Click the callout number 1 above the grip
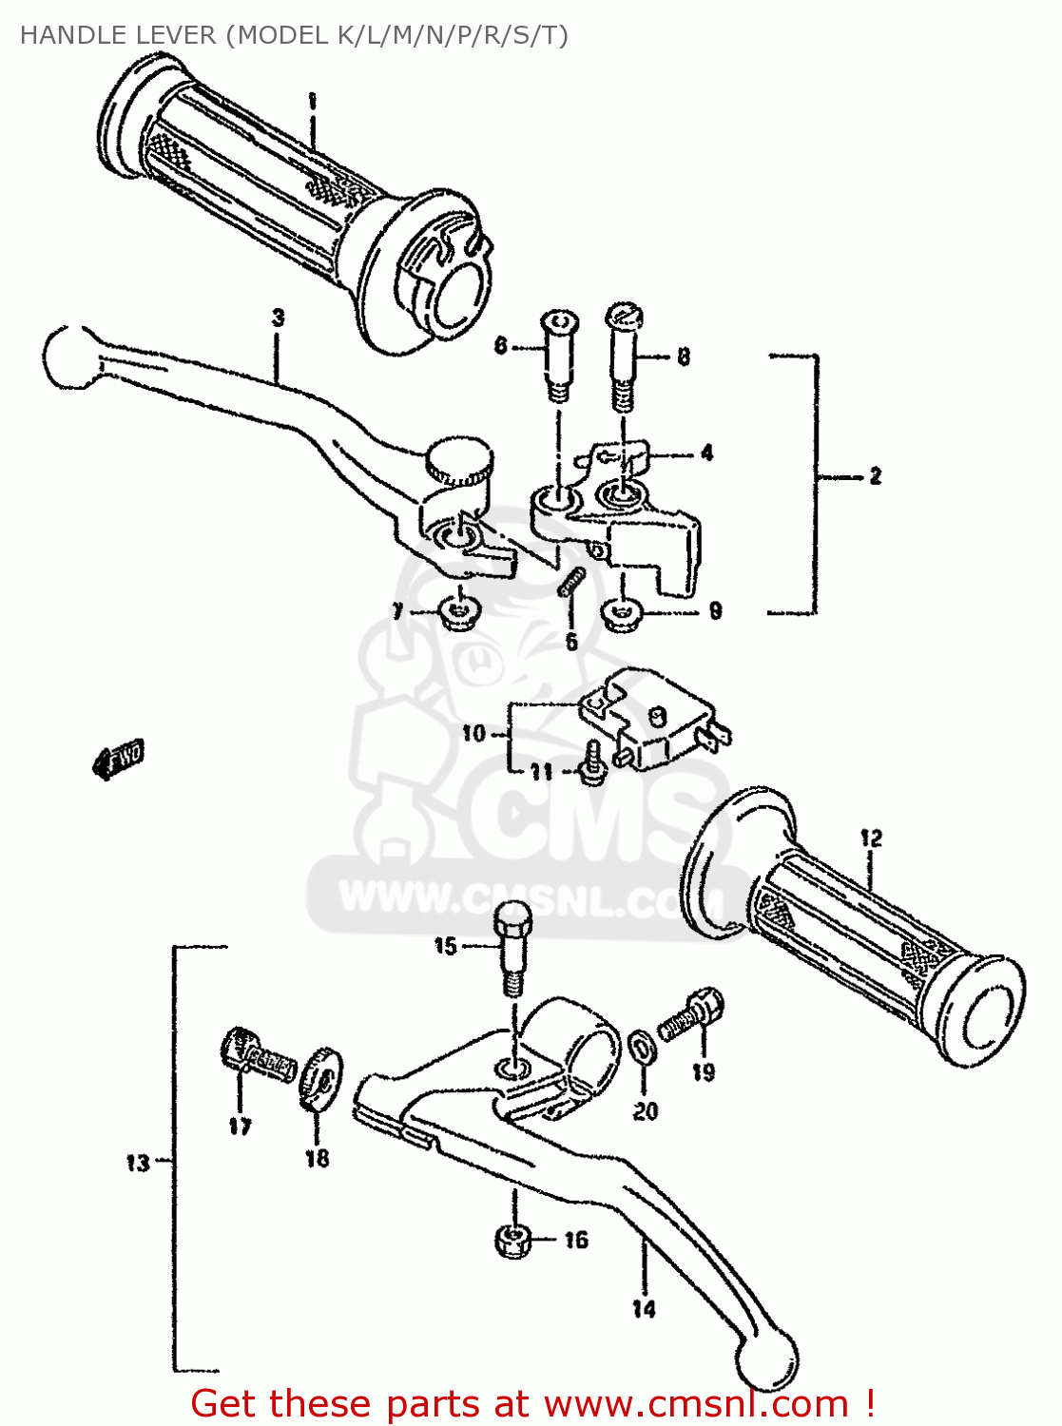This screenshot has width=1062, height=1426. pos(311,102)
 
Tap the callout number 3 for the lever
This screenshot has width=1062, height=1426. pos(278,318)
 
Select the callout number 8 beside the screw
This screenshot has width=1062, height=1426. pos(683,357)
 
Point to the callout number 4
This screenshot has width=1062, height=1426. pos(706,453)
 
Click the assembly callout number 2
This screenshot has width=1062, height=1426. pos(875,475)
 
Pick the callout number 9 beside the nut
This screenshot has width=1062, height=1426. pos(715,611)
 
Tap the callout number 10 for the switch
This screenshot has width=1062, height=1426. pos(473,733)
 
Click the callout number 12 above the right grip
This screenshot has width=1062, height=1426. pos(871,838)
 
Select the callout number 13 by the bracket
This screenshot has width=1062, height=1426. pos(138,1162)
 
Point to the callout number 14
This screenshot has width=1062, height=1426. pos(644,1309)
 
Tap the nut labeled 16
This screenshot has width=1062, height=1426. pos(512,1241)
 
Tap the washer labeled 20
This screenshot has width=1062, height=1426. pos(644,1049)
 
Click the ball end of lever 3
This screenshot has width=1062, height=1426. pos(68,357)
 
